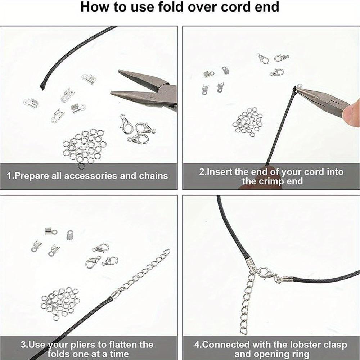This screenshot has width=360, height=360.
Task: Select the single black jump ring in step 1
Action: (82, 166)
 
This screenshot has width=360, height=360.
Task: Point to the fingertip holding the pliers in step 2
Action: (351, 113)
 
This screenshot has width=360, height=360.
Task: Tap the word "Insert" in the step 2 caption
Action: (220, 172)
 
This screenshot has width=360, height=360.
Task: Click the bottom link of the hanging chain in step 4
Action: (243, 330)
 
